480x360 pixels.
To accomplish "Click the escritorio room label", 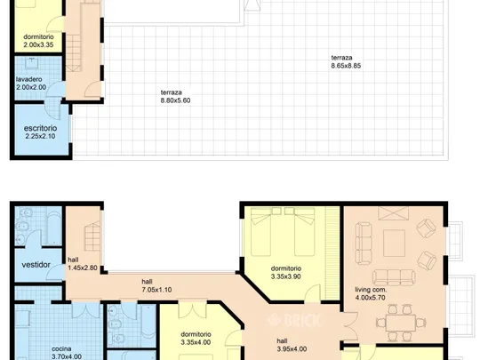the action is pos(40,128).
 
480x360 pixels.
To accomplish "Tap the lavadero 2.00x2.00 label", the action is pos(31,84).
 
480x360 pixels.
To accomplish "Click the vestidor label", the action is pos(36,265).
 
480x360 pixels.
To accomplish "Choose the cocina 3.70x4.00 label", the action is pos(67,353).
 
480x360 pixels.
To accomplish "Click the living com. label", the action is pos(371,290).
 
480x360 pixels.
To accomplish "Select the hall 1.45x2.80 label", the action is pos(83,264).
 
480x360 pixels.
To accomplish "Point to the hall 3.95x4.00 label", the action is pos(292,345).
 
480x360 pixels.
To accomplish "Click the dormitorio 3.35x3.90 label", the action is pos(286,273).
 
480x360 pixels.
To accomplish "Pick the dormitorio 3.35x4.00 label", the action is pos(196,339).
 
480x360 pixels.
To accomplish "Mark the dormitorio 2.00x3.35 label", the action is pos(38,41).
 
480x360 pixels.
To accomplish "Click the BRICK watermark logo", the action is pos(294,320).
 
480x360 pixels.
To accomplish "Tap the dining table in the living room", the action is pos(401,323).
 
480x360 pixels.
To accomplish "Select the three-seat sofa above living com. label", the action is pos(394,277).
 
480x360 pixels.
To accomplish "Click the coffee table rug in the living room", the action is pos(394,244).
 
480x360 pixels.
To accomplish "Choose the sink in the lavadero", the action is pos(31,63).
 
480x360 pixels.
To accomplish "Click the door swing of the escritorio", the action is pos(52,108).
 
